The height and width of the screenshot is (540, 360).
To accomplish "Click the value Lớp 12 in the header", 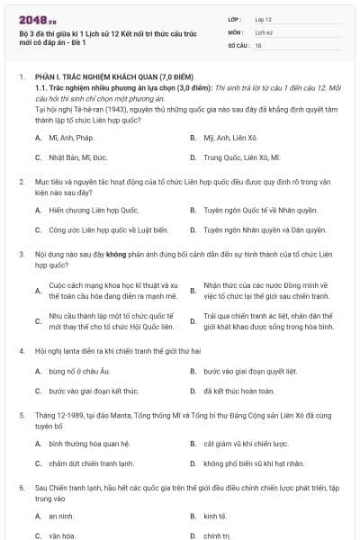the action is coord(263,19).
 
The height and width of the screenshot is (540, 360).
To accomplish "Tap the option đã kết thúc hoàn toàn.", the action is coord(238,391).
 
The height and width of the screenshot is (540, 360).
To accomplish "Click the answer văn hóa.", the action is coord(62,535).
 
